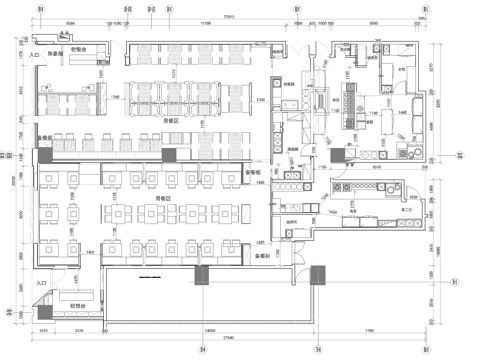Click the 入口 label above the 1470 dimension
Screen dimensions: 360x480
pos(41,284)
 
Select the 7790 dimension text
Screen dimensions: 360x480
pos(370,330)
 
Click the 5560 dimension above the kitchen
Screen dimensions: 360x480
pos(373,22)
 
